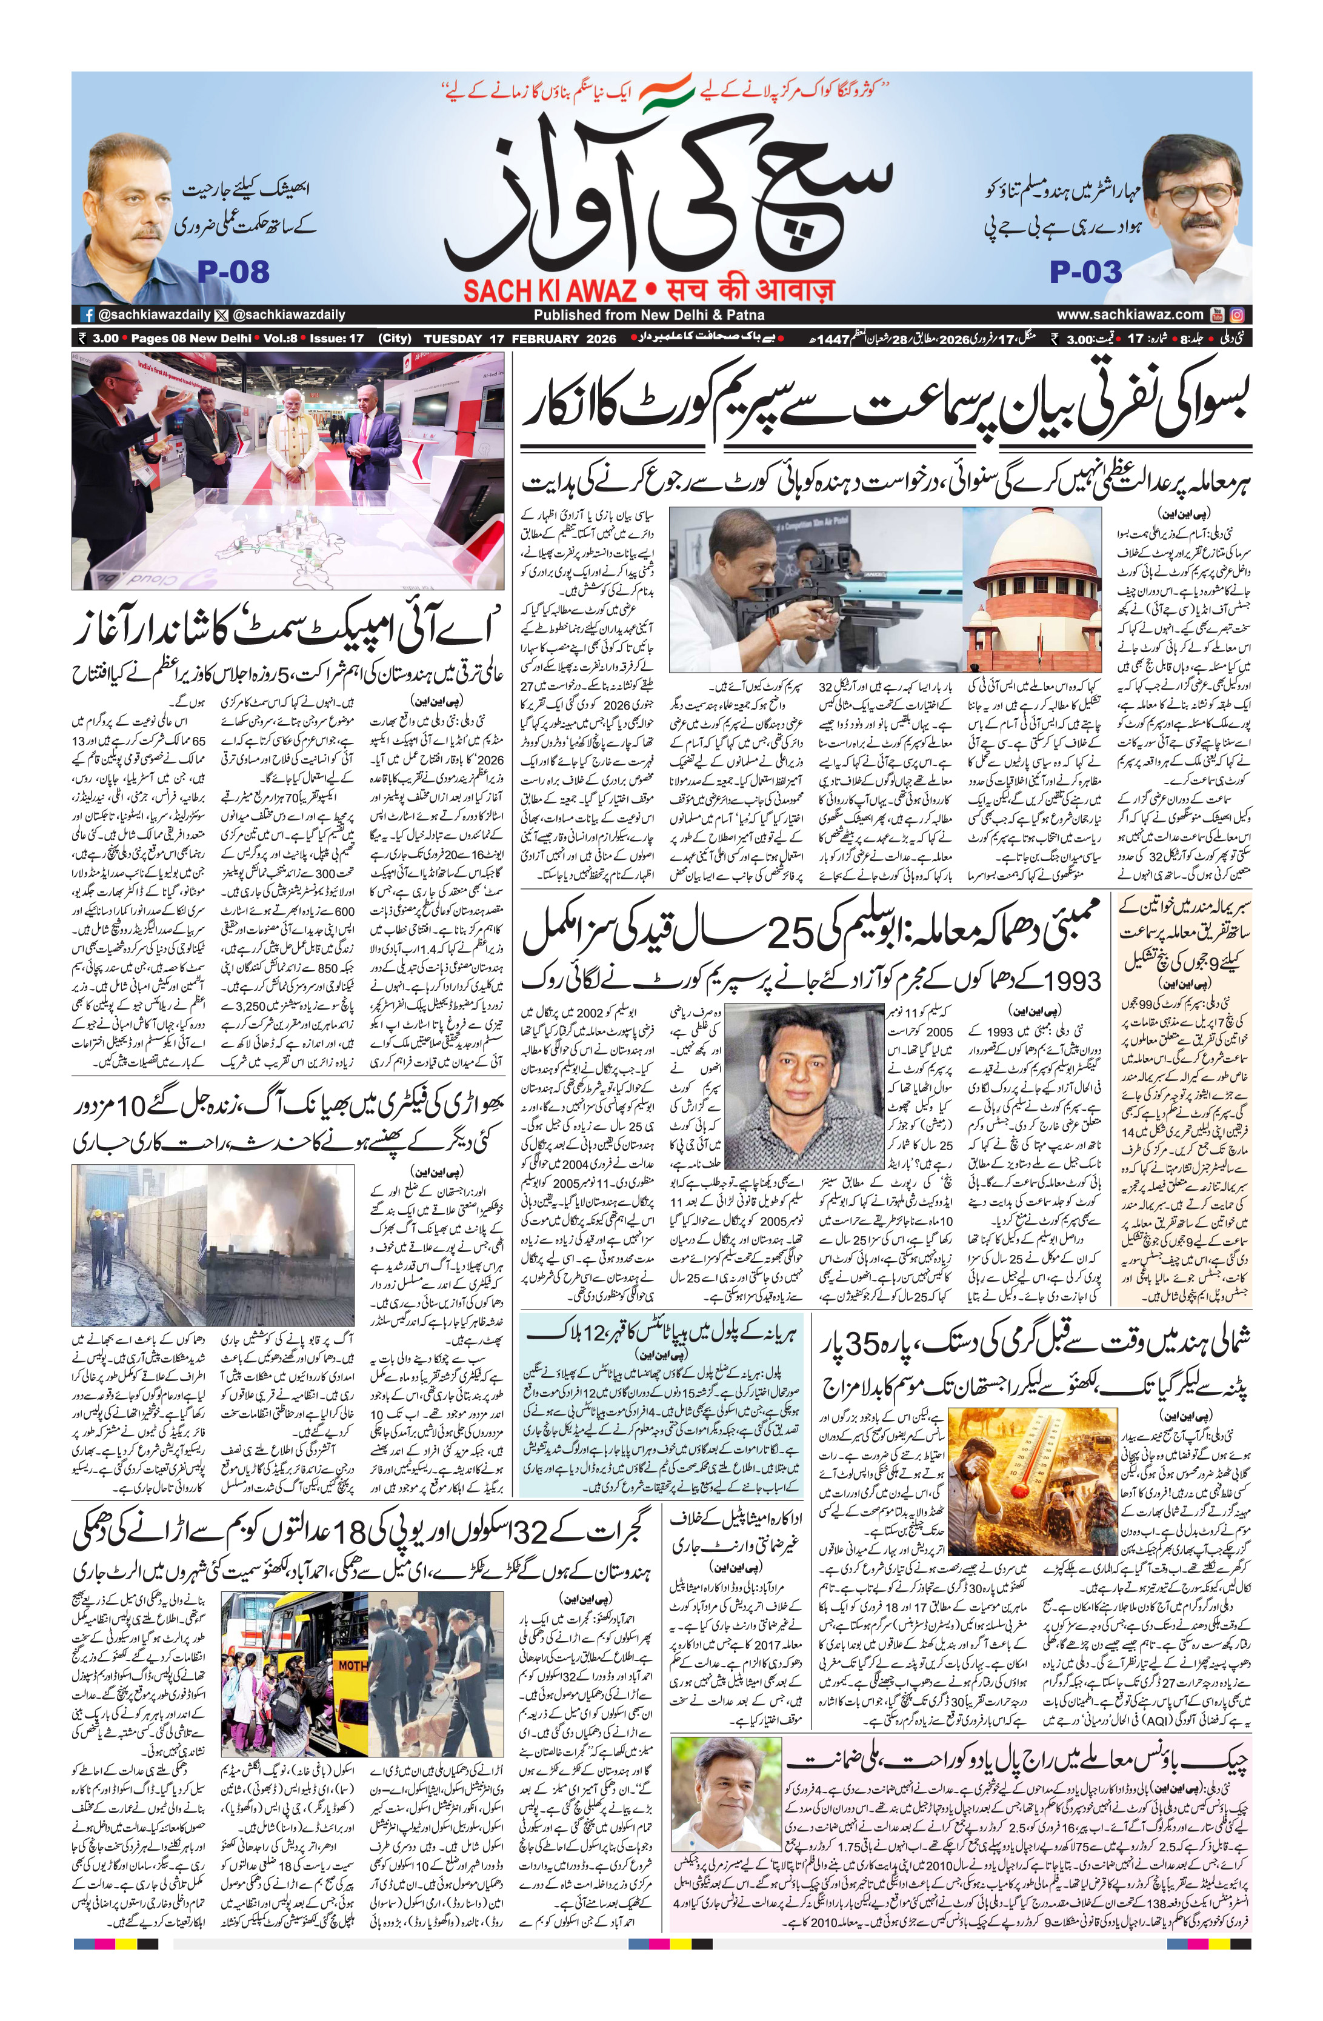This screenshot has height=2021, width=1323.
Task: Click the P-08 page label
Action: pyautogui.click(x=233, y=271)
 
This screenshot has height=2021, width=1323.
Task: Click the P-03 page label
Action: pyautogui.click(x=1085, y=271)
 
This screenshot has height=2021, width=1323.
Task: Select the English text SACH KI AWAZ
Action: pyautogui.click(x=550, y=290)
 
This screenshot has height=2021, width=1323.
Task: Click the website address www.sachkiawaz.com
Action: pyautogui.click(x=1130, y=314)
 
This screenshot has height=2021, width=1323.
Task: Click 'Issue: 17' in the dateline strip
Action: pyautogui.click(x=336, y=338)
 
